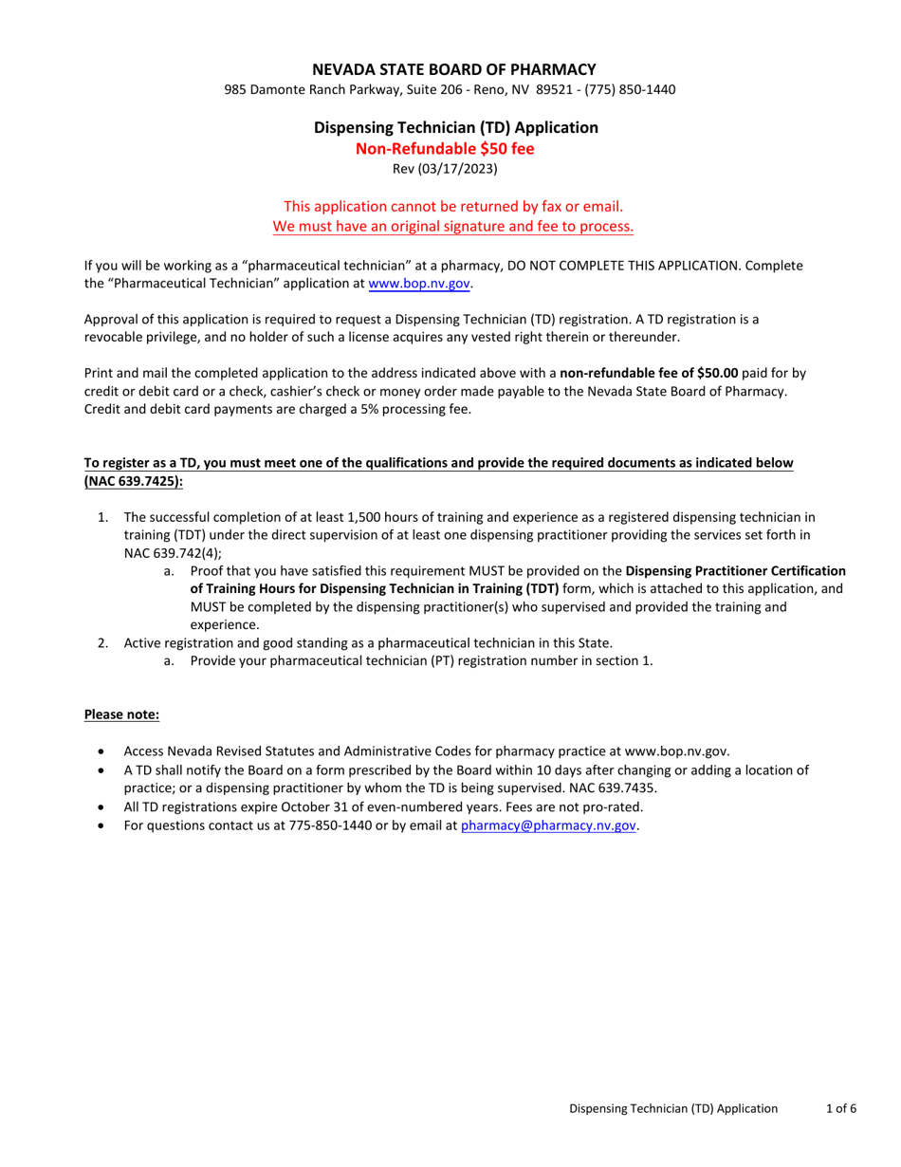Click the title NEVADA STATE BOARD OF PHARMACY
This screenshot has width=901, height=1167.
[455, 68]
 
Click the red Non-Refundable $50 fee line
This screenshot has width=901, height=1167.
[445, 148]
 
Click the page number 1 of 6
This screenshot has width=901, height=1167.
[841, 1108]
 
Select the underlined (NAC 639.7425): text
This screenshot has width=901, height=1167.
[134, 481]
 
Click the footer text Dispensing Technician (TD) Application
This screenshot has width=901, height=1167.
[673, 1108]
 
